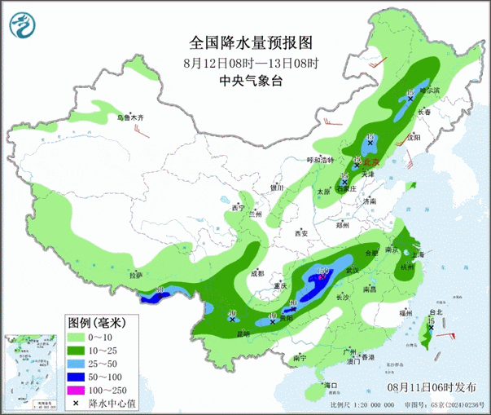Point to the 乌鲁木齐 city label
(x=133, y=118)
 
